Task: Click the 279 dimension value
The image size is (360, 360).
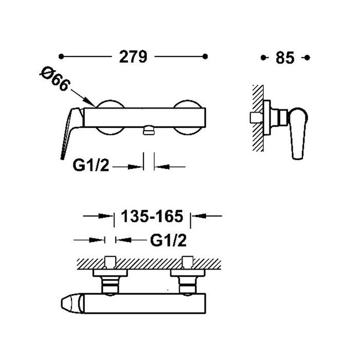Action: coord(133,57)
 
